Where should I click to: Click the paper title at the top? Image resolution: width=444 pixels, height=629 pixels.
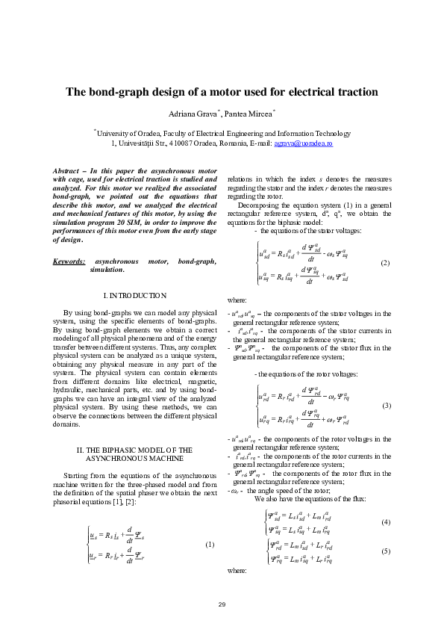click(222, 93)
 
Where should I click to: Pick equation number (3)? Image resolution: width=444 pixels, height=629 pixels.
click(386, 405)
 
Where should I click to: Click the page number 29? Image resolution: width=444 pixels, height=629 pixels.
click(222, 604)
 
